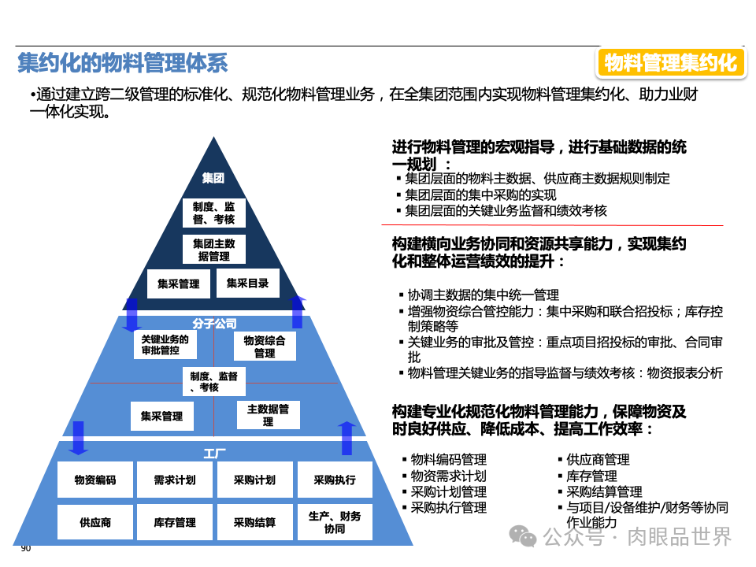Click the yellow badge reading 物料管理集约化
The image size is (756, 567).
coord(671,62)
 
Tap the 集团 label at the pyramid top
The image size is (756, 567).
coord(213,178)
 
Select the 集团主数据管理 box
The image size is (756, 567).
coord(214,250)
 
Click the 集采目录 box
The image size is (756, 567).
coord(247,283)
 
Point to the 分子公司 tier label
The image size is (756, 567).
coord(214,324)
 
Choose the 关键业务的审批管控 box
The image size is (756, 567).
coord(165,345)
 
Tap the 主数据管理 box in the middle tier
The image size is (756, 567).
coord(268,415)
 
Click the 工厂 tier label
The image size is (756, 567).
coord(214,454)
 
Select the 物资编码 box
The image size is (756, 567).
coord(95,480)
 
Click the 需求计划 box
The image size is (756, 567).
coord(175,480)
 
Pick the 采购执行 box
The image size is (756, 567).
coord(334,480)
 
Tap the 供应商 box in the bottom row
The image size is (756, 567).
coord(95,522)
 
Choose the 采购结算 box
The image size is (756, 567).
coord(254,522)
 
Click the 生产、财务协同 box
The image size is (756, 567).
coord(334,522)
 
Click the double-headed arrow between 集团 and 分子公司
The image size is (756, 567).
coord(132,314)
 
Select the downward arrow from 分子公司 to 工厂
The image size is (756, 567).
coord(77,438)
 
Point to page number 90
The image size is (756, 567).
coord(26,549)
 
